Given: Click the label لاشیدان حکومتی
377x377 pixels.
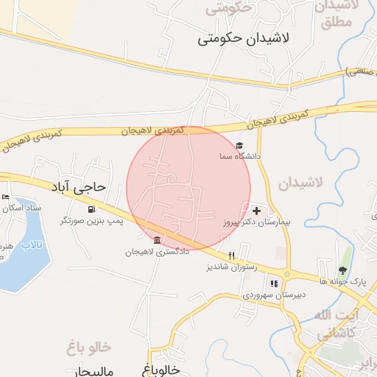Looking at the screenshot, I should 244,38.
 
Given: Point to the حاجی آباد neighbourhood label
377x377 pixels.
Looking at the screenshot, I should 79,187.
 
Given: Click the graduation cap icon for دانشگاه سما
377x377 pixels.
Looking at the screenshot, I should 239,146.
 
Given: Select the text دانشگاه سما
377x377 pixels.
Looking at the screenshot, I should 239,157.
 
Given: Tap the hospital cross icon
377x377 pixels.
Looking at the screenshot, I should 256,211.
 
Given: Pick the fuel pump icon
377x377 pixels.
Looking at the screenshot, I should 92,209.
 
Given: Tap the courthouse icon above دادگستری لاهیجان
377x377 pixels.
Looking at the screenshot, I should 157,240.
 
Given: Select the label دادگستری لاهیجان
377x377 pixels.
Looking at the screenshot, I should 157,252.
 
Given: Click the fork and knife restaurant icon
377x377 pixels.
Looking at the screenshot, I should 231,256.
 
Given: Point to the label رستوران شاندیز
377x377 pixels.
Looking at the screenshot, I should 231,267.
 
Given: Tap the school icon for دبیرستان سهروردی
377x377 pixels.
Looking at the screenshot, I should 275,283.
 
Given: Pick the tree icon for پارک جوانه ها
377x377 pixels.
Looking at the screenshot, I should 342,270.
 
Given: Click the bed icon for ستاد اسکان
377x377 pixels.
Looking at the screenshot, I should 6,197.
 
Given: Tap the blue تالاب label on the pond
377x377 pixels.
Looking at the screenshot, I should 32,244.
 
